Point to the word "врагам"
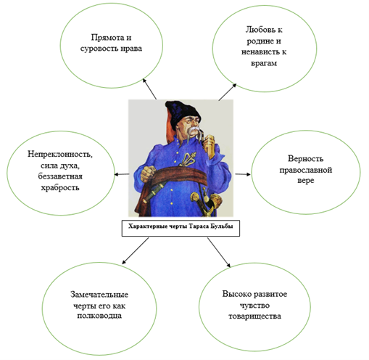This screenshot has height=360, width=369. [x=264, y=63]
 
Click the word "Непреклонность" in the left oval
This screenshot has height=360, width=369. [x=59, y=154]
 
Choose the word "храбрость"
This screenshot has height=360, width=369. [x=60, y=188]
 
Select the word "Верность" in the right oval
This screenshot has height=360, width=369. [x=305, y=159]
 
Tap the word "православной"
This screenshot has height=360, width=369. [x=306, y=170]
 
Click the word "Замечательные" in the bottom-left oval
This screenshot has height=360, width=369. [x=99, y=295]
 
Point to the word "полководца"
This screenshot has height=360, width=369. [x=99, y=316]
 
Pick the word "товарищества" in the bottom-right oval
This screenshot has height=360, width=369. [x=254, y=316]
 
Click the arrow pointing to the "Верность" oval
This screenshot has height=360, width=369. [x=243, y=174]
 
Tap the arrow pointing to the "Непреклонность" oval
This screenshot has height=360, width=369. [x=122, y=174]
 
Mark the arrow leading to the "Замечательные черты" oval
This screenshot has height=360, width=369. [x=136, y=250]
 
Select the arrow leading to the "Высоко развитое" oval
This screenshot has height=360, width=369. [x=219, y=253]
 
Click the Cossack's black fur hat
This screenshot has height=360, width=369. [x=183, y=112]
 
